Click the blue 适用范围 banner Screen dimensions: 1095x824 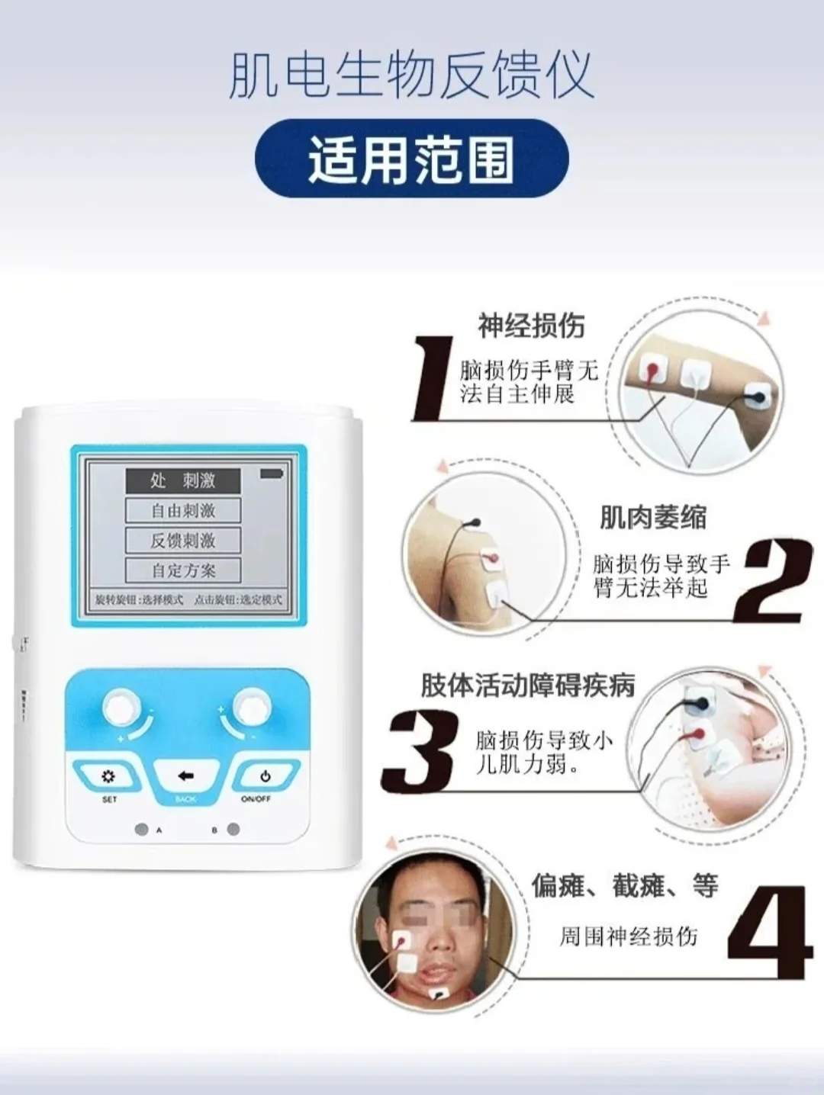point(411,159)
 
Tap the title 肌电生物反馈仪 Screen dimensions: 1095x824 point(411,75)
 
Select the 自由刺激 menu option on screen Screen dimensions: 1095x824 point(183,510)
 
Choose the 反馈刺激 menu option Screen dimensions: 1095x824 point(183,541)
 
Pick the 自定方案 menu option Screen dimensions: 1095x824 point(183,570)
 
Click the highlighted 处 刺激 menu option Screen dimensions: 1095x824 point(183,480)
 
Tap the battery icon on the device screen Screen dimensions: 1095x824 point(271,474)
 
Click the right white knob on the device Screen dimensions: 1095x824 point(249,707)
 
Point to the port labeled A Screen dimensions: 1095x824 point(141,830)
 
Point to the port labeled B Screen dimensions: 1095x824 point(233,830)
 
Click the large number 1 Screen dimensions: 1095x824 point(433,379)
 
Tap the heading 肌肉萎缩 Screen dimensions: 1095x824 point(653,518)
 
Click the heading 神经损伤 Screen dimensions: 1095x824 point(531,326)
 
